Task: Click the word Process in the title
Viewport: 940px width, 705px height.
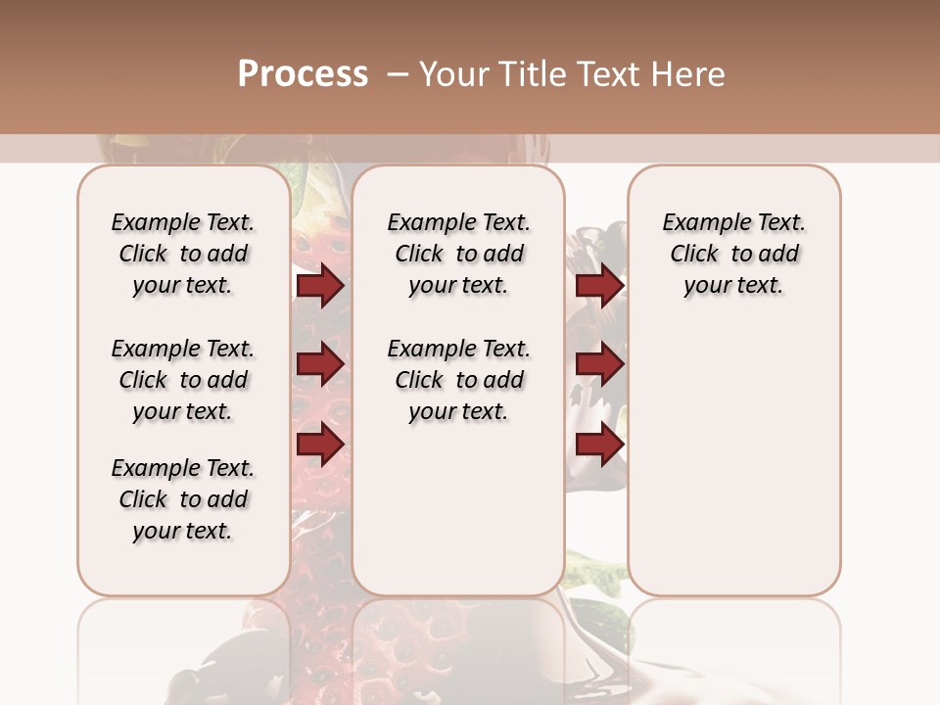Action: (303, 74)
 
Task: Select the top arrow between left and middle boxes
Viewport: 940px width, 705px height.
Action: (320, 286)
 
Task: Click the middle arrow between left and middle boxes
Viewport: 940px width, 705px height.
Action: (320, 365)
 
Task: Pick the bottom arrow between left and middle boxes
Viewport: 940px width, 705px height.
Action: (320, 445)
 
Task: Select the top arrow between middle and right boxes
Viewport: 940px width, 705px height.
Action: (599, 286)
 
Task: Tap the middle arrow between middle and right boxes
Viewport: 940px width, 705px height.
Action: (599, 365)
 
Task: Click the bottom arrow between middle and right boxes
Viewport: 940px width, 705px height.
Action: (599, 445)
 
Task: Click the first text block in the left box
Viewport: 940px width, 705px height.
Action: (183, 254)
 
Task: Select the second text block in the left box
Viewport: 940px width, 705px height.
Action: (183, 380)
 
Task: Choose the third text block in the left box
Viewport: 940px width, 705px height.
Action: (183, 499)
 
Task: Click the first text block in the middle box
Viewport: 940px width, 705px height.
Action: (458, 254)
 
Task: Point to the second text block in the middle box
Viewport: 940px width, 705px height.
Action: (458, 380)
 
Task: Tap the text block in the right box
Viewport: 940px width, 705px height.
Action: (733, 254)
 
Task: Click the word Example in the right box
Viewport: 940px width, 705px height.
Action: (698, 223)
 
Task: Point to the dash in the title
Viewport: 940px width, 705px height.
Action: (396, 74)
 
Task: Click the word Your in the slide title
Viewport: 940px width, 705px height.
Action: (449, 74)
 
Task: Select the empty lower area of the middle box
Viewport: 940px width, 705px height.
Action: (458, 509)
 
